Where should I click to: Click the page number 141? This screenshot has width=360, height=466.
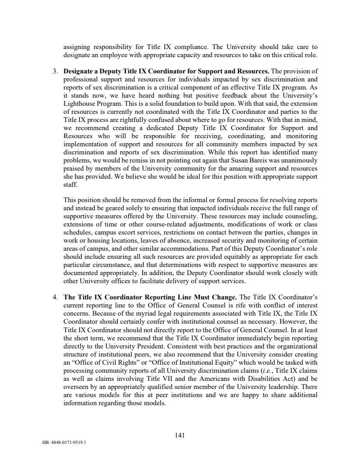(x=180, y=435)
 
